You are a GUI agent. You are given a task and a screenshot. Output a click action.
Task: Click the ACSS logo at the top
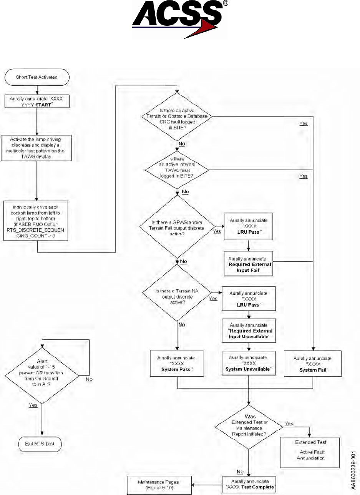pyautogui.click(x=180, y=19)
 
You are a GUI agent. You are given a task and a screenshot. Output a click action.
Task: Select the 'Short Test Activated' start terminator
pyautogui.click(x=36, y=77)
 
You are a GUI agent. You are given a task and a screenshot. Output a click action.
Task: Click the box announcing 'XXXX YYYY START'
pyautogui.click(x=36, y=101)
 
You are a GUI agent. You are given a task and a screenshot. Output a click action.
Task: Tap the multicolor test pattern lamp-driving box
pyautogui.click(x=36, y=147)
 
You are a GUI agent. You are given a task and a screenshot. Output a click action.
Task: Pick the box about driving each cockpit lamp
pyautogui.click(x=36, y=221)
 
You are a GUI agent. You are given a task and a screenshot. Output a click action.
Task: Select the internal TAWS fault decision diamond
pyautogui.click(x=177, y=169)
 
